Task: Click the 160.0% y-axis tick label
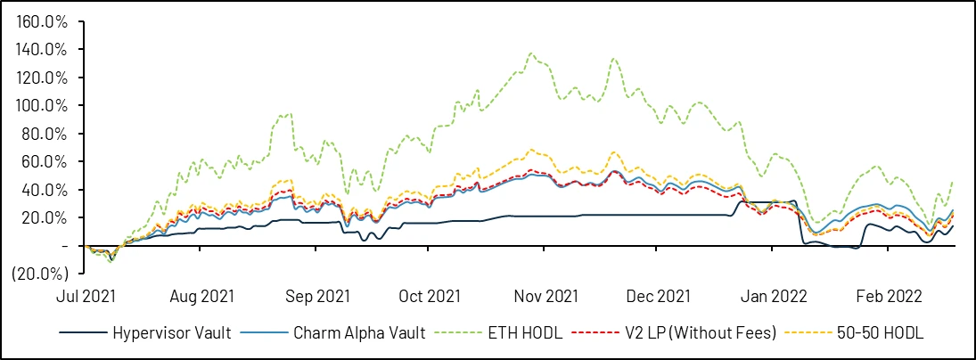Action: [x=44, y=20]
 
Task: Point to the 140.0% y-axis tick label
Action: [x=44, y=49]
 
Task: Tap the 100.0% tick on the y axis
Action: [x=44, y=105]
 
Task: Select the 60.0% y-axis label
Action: [x=46, y=161]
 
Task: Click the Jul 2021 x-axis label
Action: [x=86, y=296]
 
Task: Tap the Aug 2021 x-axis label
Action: [x=201, y=296]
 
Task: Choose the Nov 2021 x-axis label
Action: [x=540, y=296]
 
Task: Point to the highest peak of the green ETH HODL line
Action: [x=532, y=53]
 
